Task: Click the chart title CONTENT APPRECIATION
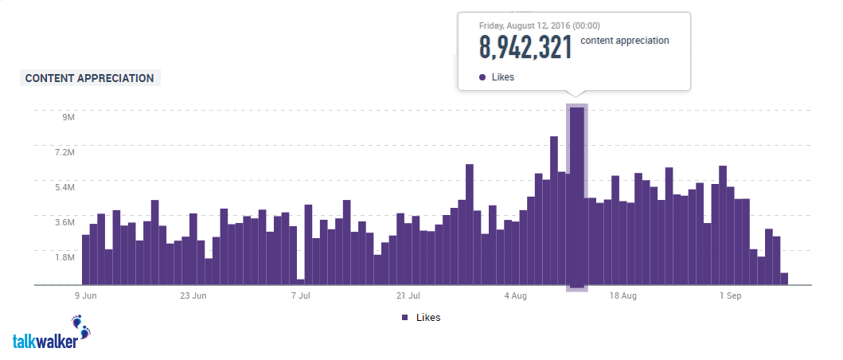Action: [x=90, y=78]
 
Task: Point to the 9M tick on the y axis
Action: [x=68, y=117]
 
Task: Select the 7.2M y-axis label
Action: [x=64, y=152]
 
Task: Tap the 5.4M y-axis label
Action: [x=64, y=187]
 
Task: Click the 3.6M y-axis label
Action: [x=64, y=222]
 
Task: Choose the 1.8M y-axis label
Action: [x=64, y=257]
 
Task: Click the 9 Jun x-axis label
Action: [x=87, y=295]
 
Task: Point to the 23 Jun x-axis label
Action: [x=193, y=295]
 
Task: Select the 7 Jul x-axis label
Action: [x=300, y=295]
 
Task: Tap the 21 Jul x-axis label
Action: [x=408, y=295]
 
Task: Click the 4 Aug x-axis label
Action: [x=515, y=295]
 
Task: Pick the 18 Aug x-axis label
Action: [x=622, y=295]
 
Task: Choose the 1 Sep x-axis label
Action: [x=730, y=295]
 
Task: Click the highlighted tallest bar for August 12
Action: [x=577, y=199]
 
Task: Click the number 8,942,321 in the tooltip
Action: [x=525, y=48]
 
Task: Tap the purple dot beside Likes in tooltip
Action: [x=482, y=77]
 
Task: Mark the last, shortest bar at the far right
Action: [x=784, y=279]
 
